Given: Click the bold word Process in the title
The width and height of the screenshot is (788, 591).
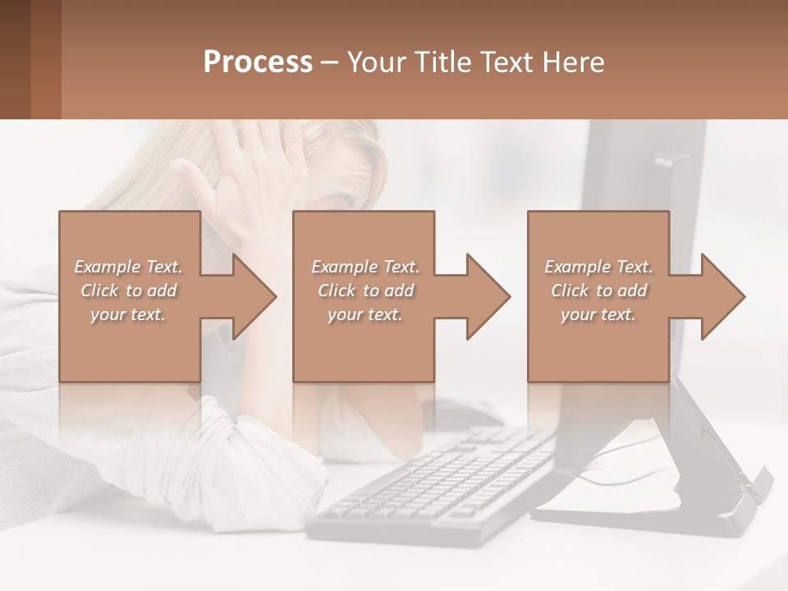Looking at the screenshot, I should (258, 62).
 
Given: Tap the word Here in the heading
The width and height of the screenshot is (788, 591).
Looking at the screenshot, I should (572, 62).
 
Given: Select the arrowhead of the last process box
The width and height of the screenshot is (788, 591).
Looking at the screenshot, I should (722, 296).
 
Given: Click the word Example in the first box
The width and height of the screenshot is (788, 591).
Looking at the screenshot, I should (107, 267).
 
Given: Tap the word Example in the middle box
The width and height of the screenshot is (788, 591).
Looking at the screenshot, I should (344, 267).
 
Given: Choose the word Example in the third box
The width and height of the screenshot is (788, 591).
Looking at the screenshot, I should (577, 267).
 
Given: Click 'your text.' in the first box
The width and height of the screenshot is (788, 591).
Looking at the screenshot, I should (128, 314).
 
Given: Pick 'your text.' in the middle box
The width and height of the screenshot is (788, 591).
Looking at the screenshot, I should (365, 314).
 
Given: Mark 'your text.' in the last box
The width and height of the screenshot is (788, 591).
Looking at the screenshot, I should (598, 314).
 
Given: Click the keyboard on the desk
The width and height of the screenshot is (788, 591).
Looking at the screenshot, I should (435, 484).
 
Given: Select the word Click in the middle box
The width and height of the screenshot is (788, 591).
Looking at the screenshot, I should (335, 291).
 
